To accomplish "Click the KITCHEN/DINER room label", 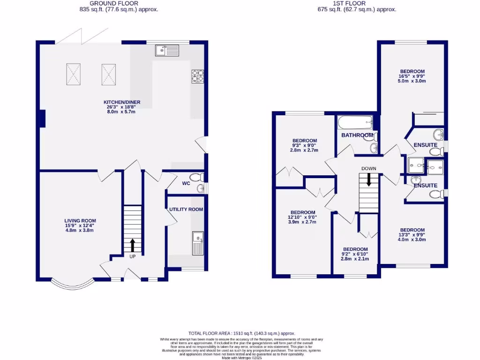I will coord(122,102).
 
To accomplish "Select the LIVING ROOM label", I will coord(80,221).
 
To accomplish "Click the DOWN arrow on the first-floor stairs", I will coord(368,179).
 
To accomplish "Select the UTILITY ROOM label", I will coord(186,210).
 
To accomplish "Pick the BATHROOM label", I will coord(357,135).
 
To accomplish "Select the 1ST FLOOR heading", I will coord(357,3).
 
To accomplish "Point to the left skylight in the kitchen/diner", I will coord(73,74).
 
